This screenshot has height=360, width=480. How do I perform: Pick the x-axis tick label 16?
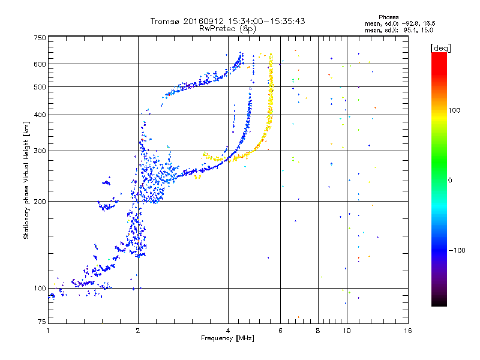pyautogui.click(x=408, y=331)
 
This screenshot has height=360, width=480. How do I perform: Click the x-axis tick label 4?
pyautogui.click(x=228, y=331)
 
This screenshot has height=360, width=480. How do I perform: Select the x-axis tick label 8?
pyautogui.click(x=318, y=331)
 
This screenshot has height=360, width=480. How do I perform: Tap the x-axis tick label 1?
pyautogui.click(x=48, y=331)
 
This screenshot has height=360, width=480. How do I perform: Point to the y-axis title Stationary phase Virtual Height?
pyautogui.click(x=26, y=180)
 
